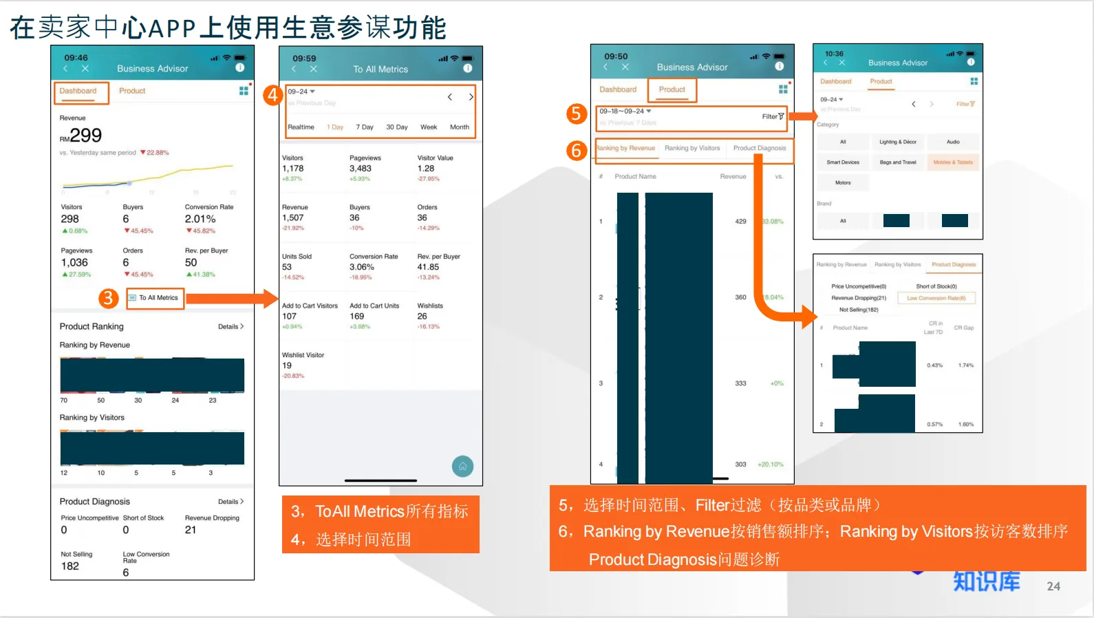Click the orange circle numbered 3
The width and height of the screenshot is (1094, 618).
pos(108,298)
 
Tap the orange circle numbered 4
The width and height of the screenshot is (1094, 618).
pos(273,95)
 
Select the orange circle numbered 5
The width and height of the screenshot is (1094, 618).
pos(577,114)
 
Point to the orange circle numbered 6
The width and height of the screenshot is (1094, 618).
pos(577,150)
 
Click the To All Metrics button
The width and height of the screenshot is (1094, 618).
pos(155,298)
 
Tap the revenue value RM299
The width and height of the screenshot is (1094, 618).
pos(81,136)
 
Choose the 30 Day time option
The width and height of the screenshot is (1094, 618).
pos(396,127)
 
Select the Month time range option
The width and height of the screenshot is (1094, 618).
pos(459,127)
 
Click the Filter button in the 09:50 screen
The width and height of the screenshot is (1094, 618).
pos(773,116)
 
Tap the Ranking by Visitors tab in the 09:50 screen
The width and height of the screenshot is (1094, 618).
pos(692,148)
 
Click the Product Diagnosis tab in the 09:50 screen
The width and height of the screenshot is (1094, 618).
pos(759,148)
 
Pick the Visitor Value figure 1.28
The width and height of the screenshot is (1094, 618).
pos(426,169)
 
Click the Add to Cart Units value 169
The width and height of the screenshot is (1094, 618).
pos(356,317)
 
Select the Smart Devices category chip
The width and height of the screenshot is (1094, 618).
pos(843,162)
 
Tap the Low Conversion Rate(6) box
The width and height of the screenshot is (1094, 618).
pos(936,298)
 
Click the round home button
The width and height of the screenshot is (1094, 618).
pos(462,467)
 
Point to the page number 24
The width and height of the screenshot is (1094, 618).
pos(1053,586)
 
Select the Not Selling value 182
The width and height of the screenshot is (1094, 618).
pos(70,566)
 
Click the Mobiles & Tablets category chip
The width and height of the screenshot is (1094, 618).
pos(953,162)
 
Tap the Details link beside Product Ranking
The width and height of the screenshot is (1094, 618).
pos(230,327)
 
